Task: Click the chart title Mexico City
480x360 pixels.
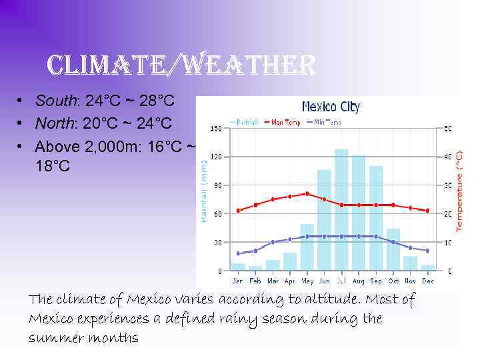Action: click(x=331, y=107)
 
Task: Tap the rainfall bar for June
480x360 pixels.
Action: click(x=324, y=220)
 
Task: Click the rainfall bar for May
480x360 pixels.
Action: click(x=307, y=247)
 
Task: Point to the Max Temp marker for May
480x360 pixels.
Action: click(x=307, y=193)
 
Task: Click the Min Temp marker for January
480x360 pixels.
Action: click(x=238, y=253)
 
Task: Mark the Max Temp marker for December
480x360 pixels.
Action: click(x=427, y=211)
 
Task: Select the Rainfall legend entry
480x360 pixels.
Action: click(x=245, y=123)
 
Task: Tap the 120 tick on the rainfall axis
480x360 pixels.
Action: click(x=216, y=157)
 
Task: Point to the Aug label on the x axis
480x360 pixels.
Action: click(x=359, y=281)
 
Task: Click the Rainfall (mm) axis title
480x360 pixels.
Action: click(x=203, y=193)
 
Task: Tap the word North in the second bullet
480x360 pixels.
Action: click(x=56, y=124)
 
